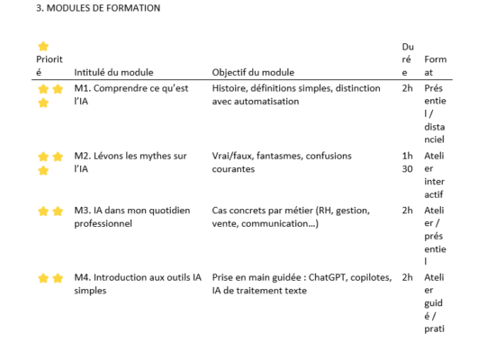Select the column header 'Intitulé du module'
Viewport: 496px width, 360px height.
[114, 73]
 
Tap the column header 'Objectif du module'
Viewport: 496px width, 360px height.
[253, 73]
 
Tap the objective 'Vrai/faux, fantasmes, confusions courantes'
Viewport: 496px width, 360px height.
[280, 160]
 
